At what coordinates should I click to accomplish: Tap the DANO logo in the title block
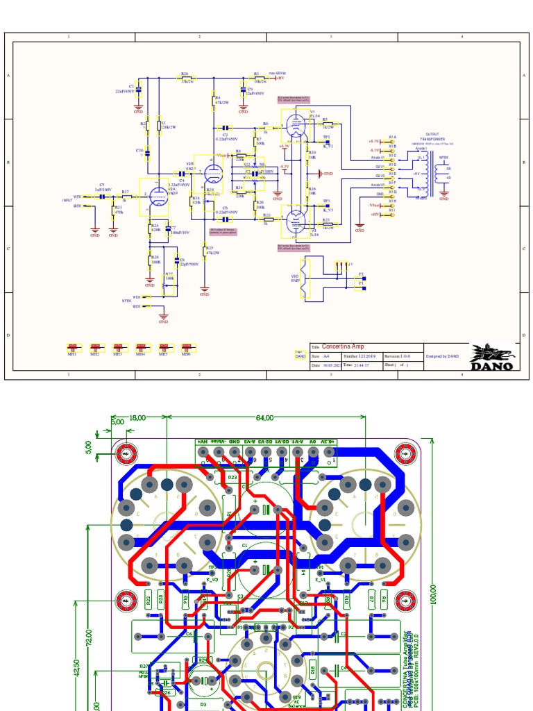point(493,357)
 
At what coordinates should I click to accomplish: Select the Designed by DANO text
point(442,355)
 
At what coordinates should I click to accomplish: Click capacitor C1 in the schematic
point(138,88)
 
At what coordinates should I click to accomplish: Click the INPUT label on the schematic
point(67,200)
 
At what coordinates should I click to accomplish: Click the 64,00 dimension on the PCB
point(264,418)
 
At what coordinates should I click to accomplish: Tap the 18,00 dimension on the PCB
point(137,418)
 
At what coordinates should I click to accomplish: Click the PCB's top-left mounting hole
point(126,453)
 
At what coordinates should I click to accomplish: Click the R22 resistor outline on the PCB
point(148,600)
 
